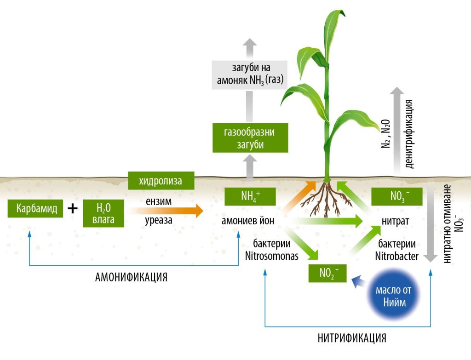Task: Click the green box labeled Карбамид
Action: click(37, 209)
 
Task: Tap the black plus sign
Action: click(72, 209)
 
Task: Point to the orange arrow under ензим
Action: click(166, 211)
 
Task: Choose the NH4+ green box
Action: click(250, 196)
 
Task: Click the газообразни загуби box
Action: click(250, 137)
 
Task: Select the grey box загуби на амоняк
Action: click(249, 75)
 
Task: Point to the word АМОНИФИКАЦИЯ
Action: click(131, 278)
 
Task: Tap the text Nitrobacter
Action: click(397, 256)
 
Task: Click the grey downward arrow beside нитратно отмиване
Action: click(431, 221)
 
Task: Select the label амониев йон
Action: click(248, 221)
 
